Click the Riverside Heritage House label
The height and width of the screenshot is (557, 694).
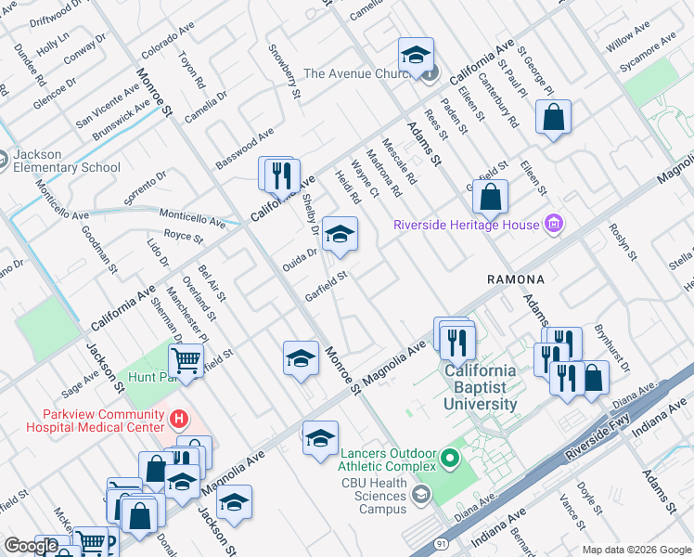tap(467, 224)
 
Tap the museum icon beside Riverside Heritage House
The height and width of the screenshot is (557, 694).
tap(554, 224)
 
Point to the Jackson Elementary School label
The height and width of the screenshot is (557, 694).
tap(67, 161)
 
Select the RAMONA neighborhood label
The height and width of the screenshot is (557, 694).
tap(514, 278)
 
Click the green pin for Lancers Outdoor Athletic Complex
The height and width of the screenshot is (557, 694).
tap(450, 458)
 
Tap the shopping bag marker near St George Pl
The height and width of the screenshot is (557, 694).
tap(553, 117)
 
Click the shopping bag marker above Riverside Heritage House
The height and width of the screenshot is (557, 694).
tap(491, 196)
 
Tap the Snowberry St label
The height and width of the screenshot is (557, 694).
tap(284, 71)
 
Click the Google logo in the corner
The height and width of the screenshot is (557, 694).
tap(31, 546)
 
